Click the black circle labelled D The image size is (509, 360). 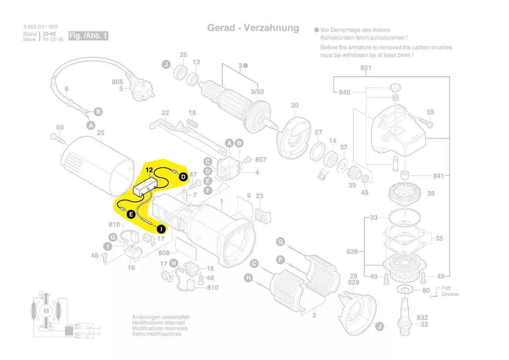tap(183, 177)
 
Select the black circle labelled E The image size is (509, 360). tap(130, 214)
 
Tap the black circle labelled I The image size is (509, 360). tap(161, 228)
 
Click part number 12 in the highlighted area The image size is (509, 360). tap(149, 170)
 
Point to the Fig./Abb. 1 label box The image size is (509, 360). tap(88, 36)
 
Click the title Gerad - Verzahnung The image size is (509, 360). tap(253, 28)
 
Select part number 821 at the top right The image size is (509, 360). tap(366, 68)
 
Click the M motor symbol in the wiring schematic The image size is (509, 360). tap(46, 310)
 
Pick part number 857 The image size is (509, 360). tap(260, 160)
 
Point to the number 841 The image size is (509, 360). tap(438, 176)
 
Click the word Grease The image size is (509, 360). tap(450, 294)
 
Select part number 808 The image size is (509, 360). tap(164, 253)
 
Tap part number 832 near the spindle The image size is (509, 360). tap(422, 318)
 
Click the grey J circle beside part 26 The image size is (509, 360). tap(166, 65)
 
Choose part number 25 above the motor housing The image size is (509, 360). tap(101, 132)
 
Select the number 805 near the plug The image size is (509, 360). tap(118, 82)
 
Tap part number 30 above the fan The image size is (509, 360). tap(295, 105)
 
